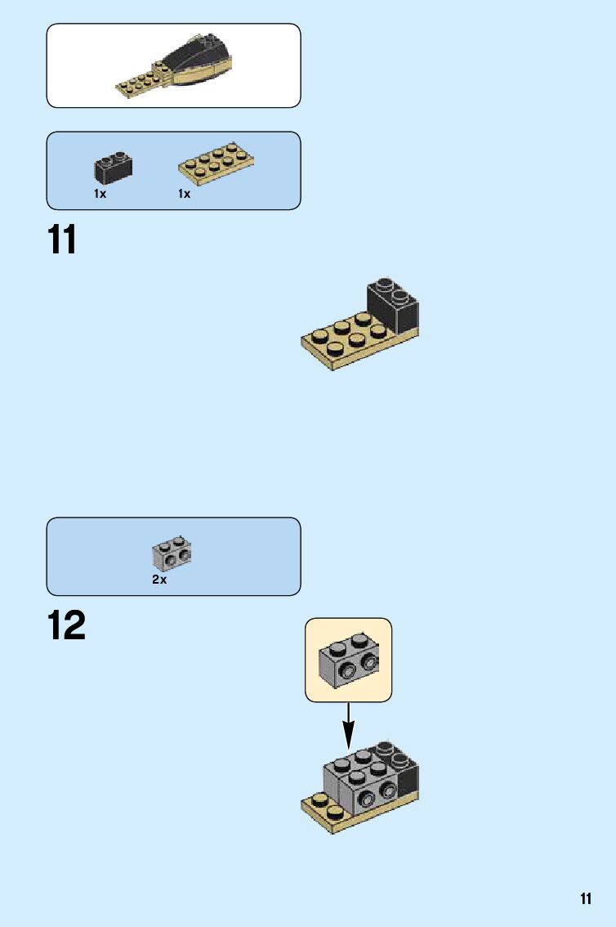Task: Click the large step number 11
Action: click(62, 240)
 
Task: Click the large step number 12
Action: click(66, 626)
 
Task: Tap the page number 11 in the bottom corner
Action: click(586, 899)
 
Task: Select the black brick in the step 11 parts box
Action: click(113, 168)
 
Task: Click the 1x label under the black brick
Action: click(100, 194)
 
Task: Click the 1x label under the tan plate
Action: click(184, 194)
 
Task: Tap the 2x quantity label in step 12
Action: click(159, 580)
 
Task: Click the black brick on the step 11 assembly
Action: click(393, 307)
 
